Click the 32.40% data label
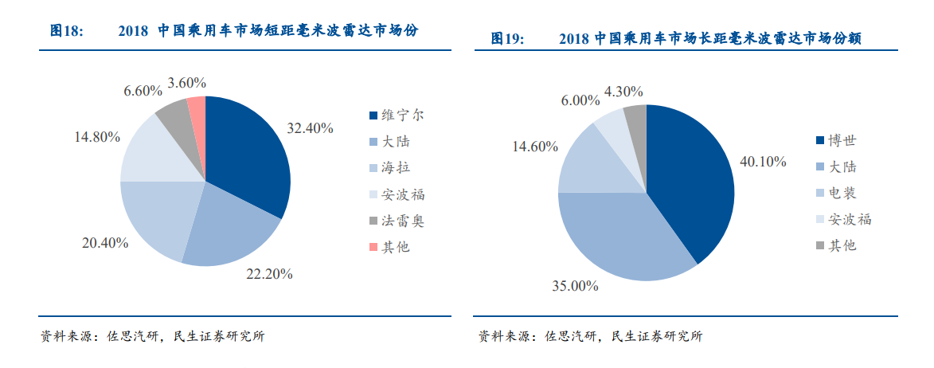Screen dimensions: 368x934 311,128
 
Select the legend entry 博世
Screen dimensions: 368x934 842,141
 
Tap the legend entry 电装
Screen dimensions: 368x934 842,193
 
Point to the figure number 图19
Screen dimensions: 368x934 506,38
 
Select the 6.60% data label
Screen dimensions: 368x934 143,91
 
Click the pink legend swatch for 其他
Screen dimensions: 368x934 373,247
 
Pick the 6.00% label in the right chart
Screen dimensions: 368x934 580,100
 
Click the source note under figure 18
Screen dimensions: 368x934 152,336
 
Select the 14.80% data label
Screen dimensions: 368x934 97,136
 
